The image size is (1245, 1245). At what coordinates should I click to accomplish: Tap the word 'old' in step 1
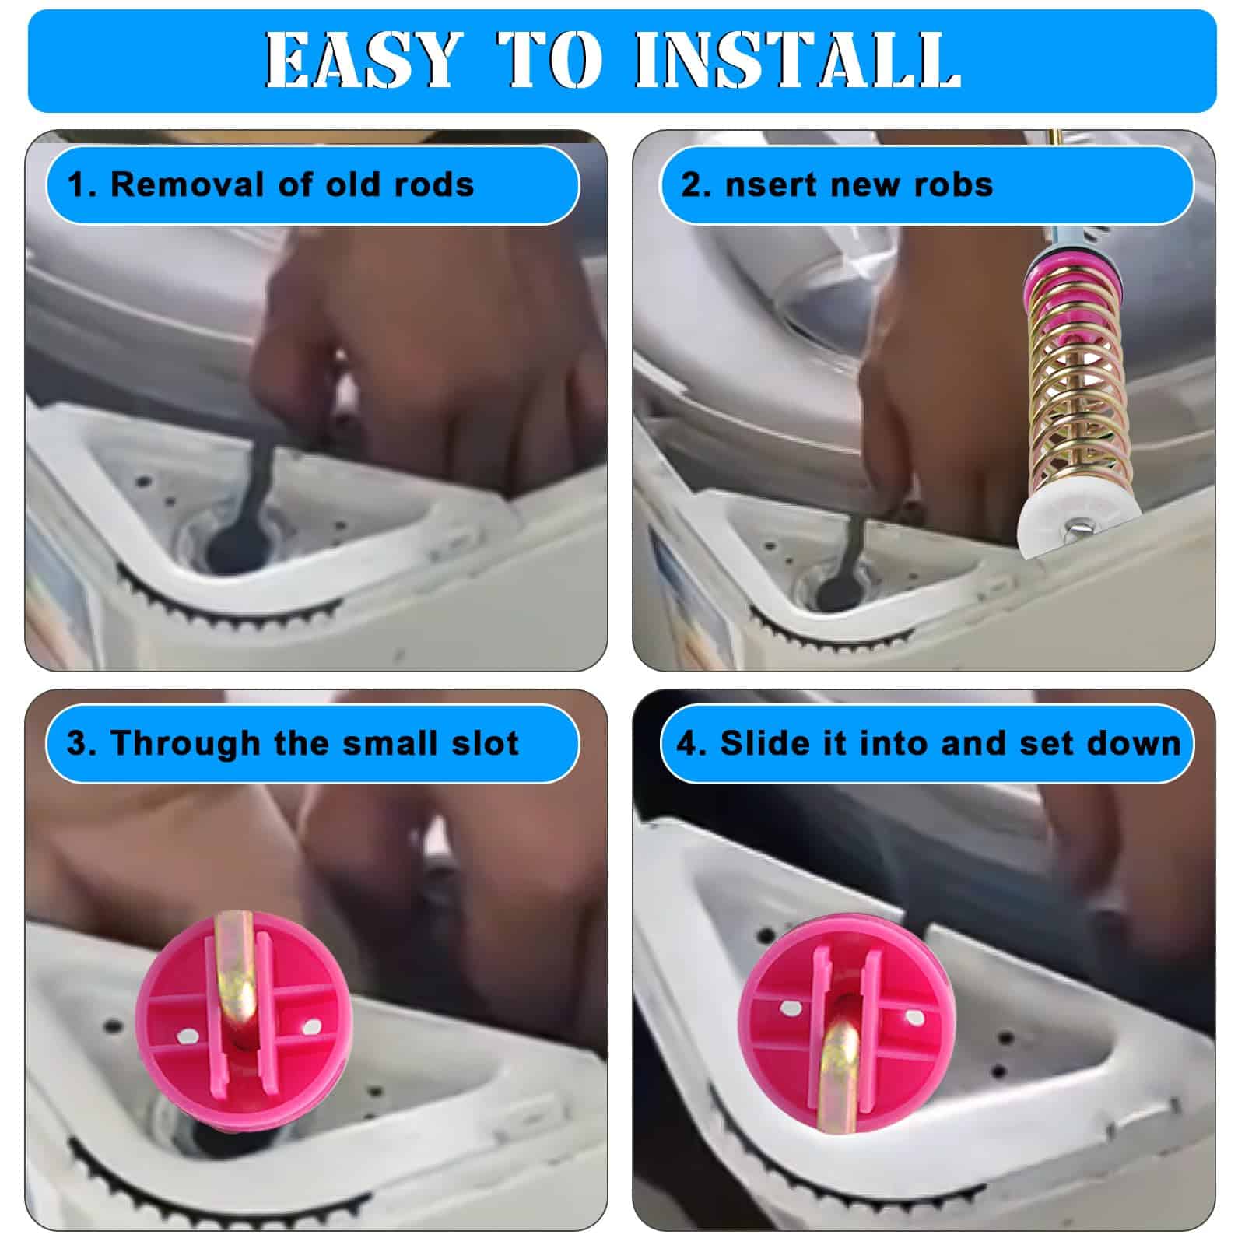click(x=352, y=184)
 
